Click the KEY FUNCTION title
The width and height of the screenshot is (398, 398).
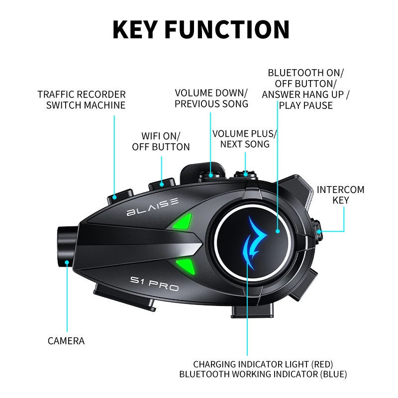200,29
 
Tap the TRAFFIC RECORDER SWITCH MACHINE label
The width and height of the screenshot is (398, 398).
82,99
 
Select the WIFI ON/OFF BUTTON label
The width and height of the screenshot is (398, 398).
161,141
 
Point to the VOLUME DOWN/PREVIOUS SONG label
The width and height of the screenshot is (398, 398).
211,99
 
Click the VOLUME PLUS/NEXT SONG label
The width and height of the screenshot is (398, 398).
244,139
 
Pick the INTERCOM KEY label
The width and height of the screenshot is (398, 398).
340,195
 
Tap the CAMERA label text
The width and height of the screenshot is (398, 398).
66,341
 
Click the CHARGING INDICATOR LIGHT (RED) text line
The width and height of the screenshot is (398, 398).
263,364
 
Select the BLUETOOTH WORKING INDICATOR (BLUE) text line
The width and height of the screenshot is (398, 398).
263,374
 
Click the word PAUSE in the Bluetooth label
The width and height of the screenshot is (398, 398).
319,105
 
